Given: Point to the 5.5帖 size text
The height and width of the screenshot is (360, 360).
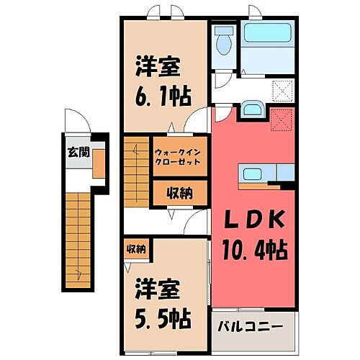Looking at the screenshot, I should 160,318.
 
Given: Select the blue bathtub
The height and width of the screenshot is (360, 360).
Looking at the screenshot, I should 266,33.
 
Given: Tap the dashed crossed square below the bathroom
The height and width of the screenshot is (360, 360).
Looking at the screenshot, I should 282,90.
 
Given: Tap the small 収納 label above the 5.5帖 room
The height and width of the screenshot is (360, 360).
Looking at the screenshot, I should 136,249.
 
